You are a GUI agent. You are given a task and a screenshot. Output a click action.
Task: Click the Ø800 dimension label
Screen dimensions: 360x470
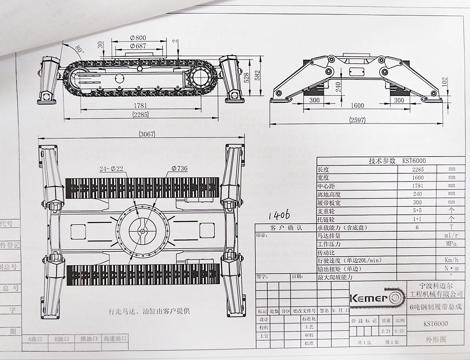[138, 38]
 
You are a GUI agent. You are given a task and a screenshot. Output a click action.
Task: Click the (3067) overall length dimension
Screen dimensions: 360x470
[147, 134]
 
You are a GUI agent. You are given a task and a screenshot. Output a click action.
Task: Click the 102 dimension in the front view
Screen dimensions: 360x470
[443, 82]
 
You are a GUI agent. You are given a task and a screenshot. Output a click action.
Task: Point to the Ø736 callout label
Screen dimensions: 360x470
[179, 169]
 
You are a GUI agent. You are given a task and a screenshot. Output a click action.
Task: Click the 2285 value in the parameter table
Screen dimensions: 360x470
[418, 169]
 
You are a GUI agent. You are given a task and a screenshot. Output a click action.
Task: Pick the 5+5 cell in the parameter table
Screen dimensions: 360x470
[418, 211]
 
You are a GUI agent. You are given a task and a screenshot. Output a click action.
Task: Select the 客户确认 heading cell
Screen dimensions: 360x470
[286, 228]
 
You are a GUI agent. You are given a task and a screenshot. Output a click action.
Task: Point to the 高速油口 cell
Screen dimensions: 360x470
[115, 338]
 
